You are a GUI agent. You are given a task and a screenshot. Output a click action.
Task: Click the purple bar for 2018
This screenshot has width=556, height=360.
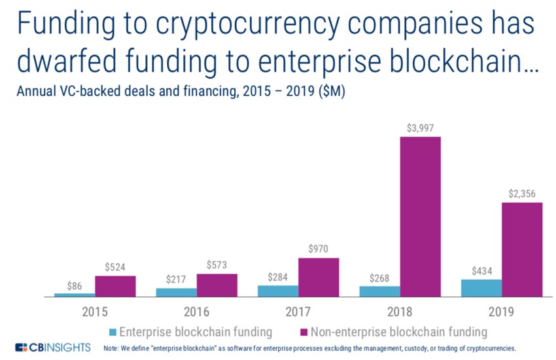(420, 216)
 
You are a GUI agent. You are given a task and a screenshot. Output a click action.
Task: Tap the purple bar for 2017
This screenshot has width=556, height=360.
(319, 277)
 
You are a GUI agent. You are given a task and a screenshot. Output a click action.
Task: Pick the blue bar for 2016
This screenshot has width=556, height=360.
(176, 292)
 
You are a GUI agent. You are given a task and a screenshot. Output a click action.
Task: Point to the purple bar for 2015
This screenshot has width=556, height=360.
(115, 286)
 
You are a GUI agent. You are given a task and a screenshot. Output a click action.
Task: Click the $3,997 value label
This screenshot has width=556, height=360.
(420, 128)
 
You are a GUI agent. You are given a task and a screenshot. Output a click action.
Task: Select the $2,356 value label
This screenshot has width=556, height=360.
(522, 194)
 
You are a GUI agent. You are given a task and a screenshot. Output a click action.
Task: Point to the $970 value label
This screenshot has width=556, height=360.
(319, 249)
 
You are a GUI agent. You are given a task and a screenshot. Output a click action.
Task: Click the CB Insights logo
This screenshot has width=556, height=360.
(52, 347)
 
